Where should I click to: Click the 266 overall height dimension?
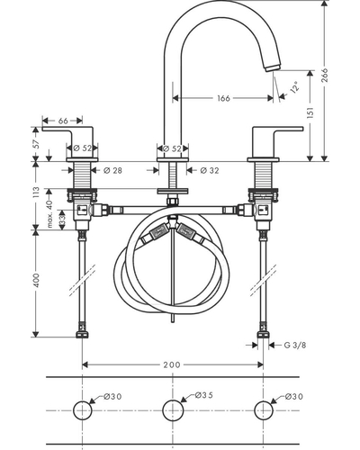(326, 75)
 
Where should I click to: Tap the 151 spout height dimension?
(310, 112)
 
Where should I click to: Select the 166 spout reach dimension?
(223, 98)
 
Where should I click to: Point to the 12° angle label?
(295, 86)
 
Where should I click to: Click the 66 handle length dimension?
(63, 121)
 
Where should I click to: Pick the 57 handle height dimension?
(36, 144)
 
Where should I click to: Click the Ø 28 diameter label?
(112, 170)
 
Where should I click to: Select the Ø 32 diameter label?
(210, 170)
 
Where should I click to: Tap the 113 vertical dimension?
(36, 192)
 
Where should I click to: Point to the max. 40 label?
(49, 213)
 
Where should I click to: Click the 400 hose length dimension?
(36, 280)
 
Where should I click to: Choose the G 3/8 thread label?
(295, 345)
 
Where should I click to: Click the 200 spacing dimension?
(172, 364)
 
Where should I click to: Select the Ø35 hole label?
(204, 395)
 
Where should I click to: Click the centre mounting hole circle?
(173, 410)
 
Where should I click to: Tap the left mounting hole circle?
(83, 410)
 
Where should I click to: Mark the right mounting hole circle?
(264, 410)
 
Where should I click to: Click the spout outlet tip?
(273, 67)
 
